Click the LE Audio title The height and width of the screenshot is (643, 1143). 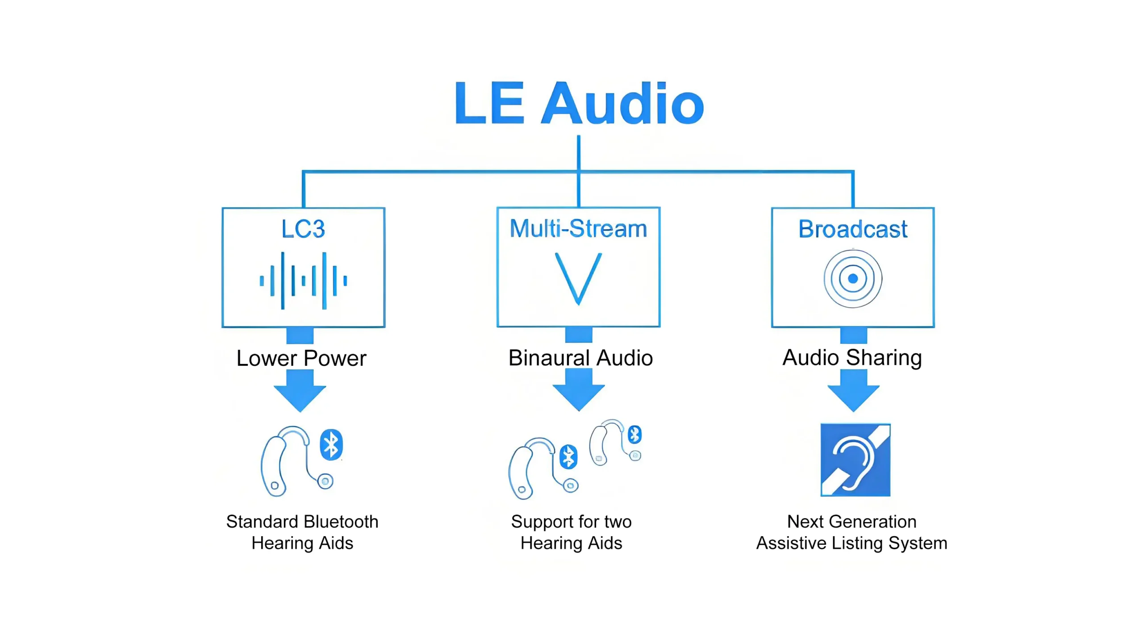(579, 104)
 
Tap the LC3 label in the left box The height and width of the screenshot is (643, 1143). (303, 229)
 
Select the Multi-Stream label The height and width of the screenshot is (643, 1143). (578, 229)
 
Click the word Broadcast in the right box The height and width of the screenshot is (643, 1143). (852, 229)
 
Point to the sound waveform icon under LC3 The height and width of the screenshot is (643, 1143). (303, 280)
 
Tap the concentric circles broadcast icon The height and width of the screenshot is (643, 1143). (852, 279)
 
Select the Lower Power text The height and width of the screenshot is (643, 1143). (301, 358)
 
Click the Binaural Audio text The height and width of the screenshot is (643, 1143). (580, 358)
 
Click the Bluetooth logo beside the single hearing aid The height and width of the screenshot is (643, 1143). (331, 445)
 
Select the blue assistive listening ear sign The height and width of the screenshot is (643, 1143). (855, 460)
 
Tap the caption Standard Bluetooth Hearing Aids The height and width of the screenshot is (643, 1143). (302, 532)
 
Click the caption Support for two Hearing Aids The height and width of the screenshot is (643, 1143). (571, 532)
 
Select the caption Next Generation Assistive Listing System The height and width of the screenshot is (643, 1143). (851, 532)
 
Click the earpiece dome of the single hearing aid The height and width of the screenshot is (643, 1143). (325, 481)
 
